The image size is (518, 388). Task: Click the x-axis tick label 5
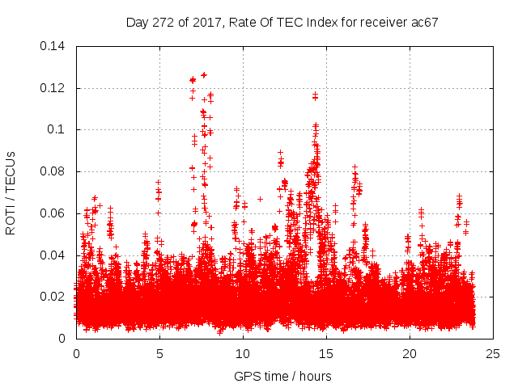point(159,353)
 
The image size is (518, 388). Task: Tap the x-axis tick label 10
point(243,353)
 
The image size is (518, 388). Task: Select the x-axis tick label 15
point(326,353)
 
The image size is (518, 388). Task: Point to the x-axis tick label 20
point(410,353)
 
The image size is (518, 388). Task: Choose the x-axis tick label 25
point(493,353)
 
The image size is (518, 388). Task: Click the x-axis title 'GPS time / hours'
point(283,376)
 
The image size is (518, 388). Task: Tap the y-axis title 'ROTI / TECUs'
point(11,192)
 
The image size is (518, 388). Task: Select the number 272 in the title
point(163,23)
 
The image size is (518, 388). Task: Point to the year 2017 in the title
point(205,23)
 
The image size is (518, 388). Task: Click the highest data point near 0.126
point(204,74)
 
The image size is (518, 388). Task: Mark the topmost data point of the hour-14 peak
point(315,95)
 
